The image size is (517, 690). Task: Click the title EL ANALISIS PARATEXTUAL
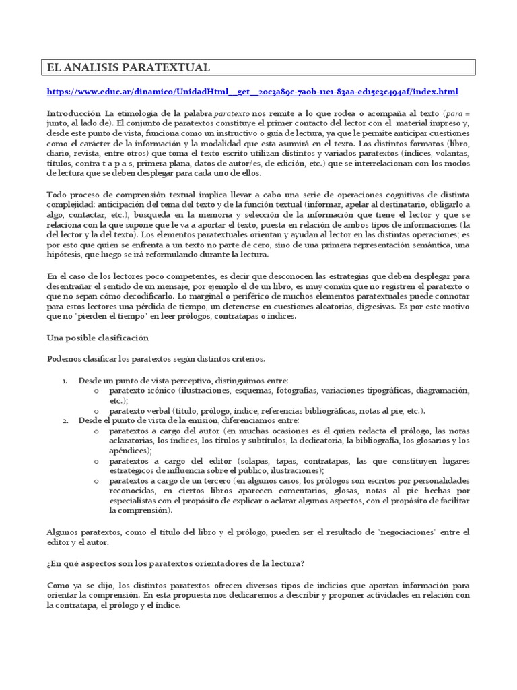128,67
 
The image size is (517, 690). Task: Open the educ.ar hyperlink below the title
252,92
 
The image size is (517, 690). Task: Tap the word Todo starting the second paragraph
57,195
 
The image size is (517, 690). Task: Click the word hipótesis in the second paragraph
64,255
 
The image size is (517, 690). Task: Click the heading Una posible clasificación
98,337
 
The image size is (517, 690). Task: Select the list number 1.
65,381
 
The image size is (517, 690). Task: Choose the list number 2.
65,420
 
